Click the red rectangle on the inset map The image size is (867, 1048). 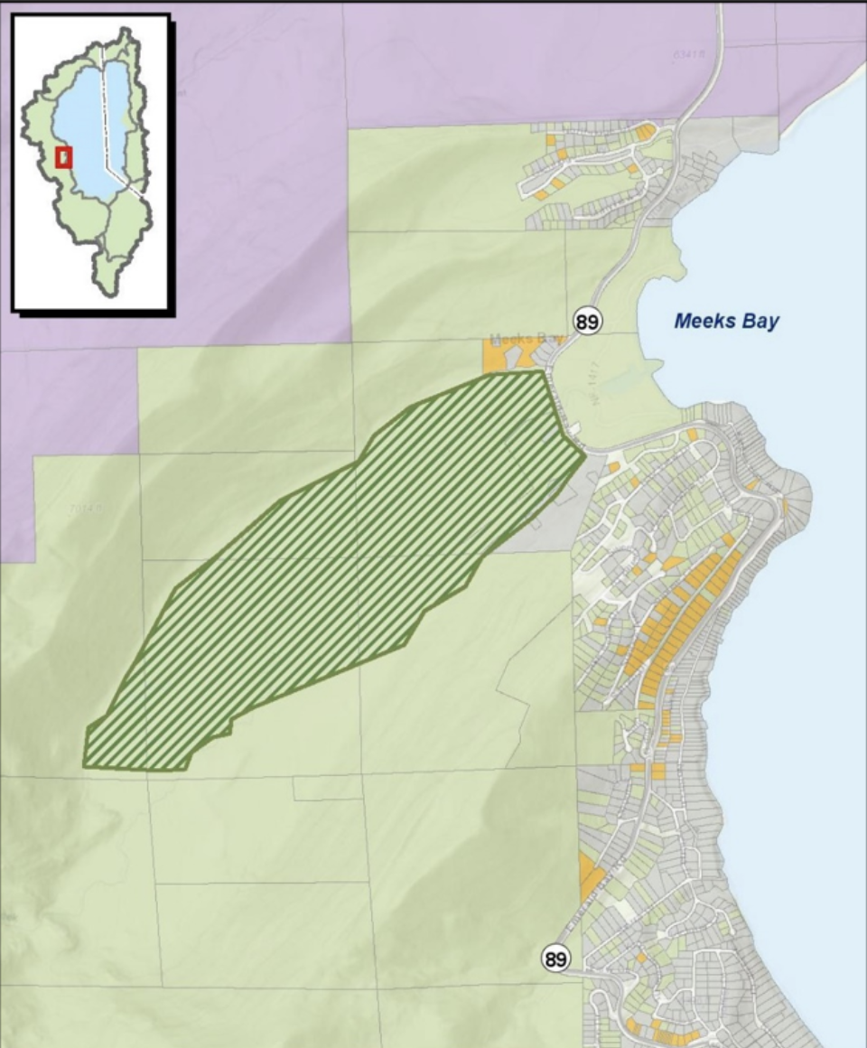pos(63,157)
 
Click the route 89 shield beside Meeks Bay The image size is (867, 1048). pos(587,321)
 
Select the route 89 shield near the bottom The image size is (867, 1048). pos(555,958)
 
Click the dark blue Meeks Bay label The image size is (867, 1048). pos(726,321)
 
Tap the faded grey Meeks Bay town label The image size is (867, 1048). pos(524,341)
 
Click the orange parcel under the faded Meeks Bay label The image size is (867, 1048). pos(497,358)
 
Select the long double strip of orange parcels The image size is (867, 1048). pos(673,623)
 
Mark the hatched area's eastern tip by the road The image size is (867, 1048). pos(582,450)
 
